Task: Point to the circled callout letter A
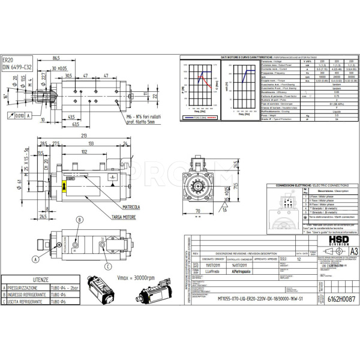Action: click(x=35, y=259)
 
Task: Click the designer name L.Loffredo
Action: click(x=214, y=272)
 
